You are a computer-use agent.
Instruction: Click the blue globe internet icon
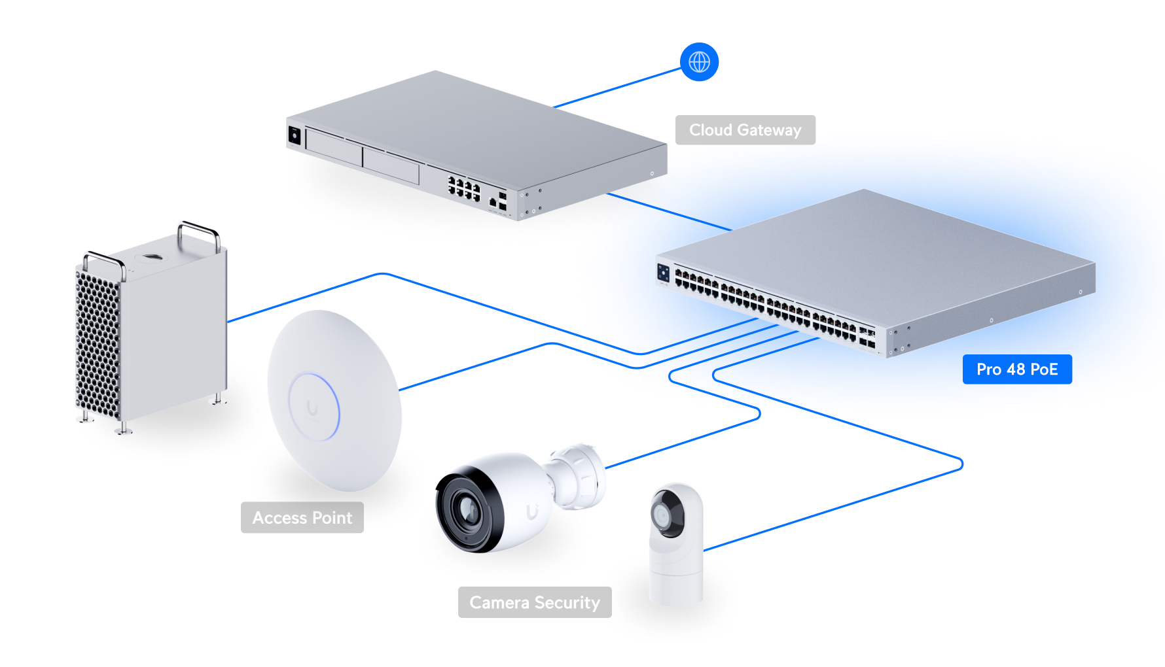699,62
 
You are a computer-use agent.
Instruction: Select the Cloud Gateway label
745,130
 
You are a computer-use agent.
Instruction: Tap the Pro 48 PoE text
1016,369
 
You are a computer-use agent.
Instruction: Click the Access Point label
302,518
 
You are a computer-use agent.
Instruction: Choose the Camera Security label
534,602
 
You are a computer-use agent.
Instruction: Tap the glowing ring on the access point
315,406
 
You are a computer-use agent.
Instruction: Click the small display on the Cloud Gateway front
294,135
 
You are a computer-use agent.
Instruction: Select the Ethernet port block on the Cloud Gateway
463,187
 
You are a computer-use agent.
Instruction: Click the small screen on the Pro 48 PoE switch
663,273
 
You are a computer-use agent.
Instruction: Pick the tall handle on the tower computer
199,231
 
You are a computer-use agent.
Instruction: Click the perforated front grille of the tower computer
98,340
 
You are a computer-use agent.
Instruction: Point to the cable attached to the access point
471,368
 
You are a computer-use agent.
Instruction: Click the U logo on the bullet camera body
532,511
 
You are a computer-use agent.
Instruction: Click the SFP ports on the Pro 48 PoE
867,337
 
